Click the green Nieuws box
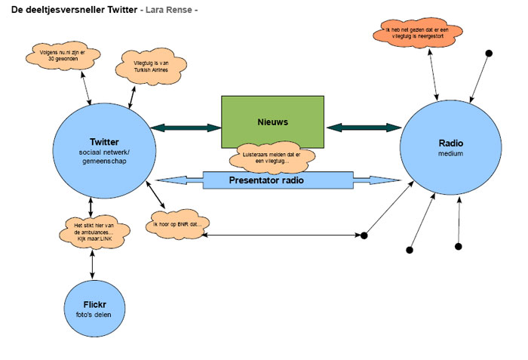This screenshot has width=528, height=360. pyautogui.click(x=272, y=122)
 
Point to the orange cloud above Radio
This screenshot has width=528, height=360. pyautogui.click(x=419, y=32)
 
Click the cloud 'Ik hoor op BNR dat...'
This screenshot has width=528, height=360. pyautogui.click(x=178, y=224)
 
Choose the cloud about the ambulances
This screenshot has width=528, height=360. pyautogui.click(x=94, y=229)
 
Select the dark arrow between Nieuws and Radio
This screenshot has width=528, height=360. pyautogui.click(x=363, y=128)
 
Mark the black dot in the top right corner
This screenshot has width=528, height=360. pyautogui.click(x=489, y=53)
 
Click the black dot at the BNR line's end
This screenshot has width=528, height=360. pyautogui.click(x=364, y=235)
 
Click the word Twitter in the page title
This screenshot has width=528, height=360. pyautogui.click(x=122, y=9)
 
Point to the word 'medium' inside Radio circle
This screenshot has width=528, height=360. pyautogui.click(x=450, y=154)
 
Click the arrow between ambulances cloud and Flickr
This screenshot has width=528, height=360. pyautogui.click(x=93, y=262)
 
